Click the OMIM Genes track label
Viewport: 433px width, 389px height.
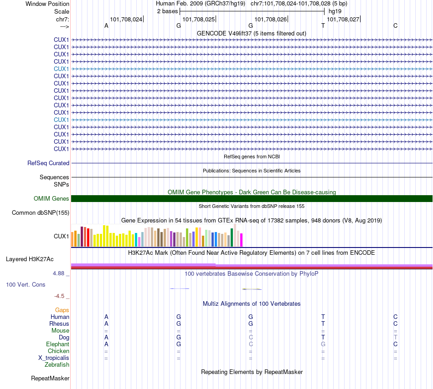pyautogui.click(x=52, y=199)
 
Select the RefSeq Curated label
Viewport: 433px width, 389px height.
pyautogui.click(x=48, y=163)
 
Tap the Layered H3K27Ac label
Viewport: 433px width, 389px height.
pyautogui.click(x=30, y=259)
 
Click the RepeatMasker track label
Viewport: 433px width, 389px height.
pyautogui.click(x=50, y=379)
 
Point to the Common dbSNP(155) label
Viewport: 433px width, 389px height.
pyautogui.click(x=41, y=213)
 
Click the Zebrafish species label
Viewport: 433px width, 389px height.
pyautogui.click(x=57, y=365)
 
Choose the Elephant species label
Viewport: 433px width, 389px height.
pyautogui.click(x=58, y=344)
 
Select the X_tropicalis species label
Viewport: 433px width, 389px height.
pyautogui.click(x=54, y=358)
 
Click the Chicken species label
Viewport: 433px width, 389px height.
pyautogui.click(x=59, y=351)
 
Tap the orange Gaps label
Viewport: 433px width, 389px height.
pyautogui.click(x=62, y=310)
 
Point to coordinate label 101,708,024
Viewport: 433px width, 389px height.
pyautogui.click(x=126, y=19)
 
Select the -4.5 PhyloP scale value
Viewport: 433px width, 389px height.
pyautogui.click(x=60, y=296)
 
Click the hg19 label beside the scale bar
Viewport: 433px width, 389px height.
pyautogui.click(x=335, y=11)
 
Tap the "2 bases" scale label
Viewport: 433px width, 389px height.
pyautogui.click(x=167, y=11)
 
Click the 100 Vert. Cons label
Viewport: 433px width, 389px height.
pyautogui.click(x=26, y=285)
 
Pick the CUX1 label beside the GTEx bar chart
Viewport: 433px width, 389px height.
pyautogui.click(x=62, y=236)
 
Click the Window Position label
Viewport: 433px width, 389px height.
pyautogui.click(x=47, y=4)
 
